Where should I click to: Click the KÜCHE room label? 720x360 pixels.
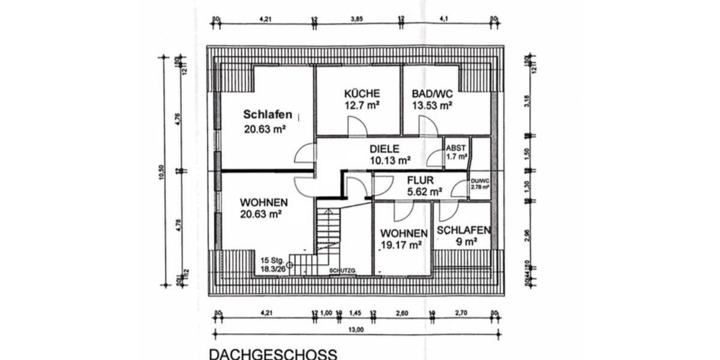[362, 94]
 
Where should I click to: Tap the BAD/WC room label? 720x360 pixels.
[431, 94]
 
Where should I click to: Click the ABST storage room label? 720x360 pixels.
[456, 148]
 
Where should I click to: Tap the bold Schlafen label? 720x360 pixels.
[268, 115]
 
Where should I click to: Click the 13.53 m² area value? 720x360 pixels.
[431, 106]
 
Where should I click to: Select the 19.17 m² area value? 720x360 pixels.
[400, 245]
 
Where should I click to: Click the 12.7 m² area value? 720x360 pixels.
[362, 106]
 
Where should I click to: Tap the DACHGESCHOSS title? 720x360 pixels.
[272, 353]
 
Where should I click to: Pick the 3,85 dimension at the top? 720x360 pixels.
[357, 19]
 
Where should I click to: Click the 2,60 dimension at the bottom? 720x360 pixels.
[403, 313]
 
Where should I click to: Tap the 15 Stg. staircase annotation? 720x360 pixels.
[272, 260]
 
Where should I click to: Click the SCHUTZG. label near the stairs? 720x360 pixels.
[343, 271]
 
